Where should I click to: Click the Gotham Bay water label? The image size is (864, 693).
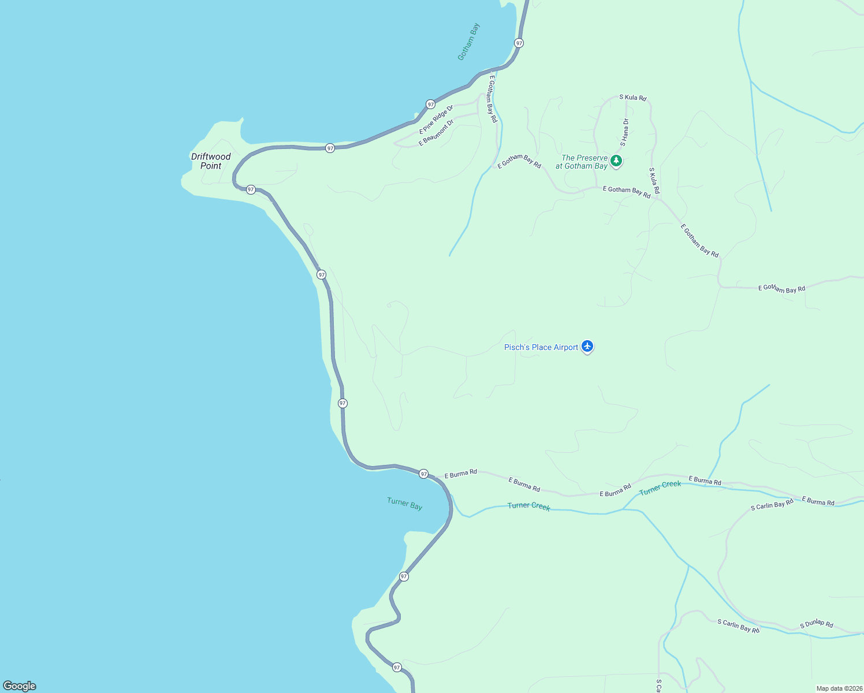pyautogui.click(x=468, y=42)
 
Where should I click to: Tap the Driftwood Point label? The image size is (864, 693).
pyautogui.click(x=211, y=161)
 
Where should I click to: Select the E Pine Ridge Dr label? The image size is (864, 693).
pyautogui.click(x=436, y=120)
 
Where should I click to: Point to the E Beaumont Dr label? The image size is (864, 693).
pyautogui.click(x=437, y=132)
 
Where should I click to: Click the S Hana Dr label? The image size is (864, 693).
pyautogui.click(x=624, y=132)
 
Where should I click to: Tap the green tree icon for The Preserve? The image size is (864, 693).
pyautogui.click(x=616, y=161)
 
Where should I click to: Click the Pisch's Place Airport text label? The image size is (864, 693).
pyautogui.click(x=541, y=347)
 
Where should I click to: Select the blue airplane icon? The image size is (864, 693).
pyautogui.click(x=587, y=346)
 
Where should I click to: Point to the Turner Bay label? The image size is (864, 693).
pyautogui.click(x=405, y=504)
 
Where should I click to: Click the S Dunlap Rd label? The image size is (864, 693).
pyautogui.click(x=816, y=624)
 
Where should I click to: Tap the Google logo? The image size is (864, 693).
pyautogui.click(x=20, y=686)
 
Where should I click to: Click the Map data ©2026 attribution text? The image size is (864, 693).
pyautogui.click(x=839, y=688)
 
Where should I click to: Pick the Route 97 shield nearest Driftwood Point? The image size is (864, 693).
pyautogui.click(x=251, y=189)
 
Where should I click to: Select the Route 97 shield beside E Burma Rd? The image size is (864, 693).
pyautogui.click(x=424, y=474)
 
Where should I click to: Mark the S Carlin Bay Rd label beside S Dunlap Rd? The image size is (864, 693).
pyautogui.click(x=738, y=626)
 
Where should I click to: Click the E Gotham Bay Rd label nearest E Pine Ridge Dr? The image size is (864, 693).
pyautogui.click(x=492, y=99)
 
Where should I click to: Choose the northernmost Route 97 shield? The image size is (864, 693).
pyautogui.click(x=519, y=43)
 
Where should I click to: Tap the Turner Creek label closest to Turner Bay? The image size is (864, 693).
pyautogui.click(x=528, y=506)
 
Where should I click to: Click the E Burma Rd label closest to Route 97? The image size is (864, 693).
pyautogui.click(x=461, y=474)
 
